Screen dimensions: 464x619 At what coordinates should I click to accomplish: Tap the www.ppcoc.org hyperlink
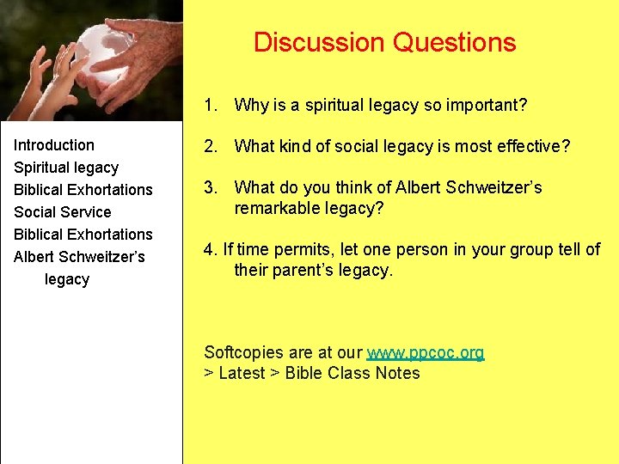426,353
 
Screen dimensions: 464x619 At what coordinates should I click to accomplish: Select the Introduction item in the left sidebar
54,145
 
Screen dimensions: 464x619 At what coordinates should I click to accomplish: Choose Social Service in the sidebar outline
63,212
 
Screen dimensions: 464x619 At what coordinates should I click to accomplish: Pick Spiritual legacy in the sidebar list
66,168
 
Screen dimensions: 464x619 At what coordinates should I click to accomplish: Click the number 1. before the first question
210,106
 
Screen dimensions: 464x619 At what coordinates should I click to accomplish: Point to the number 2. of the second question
211,147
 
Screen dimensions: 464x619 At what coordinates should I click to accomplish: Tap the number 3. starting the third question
211,187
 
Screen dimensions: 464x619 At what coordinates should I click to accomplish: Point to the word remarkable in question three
275,208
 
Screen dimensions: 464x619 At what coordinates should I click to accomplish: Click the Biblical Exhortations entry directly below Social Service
83,235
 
